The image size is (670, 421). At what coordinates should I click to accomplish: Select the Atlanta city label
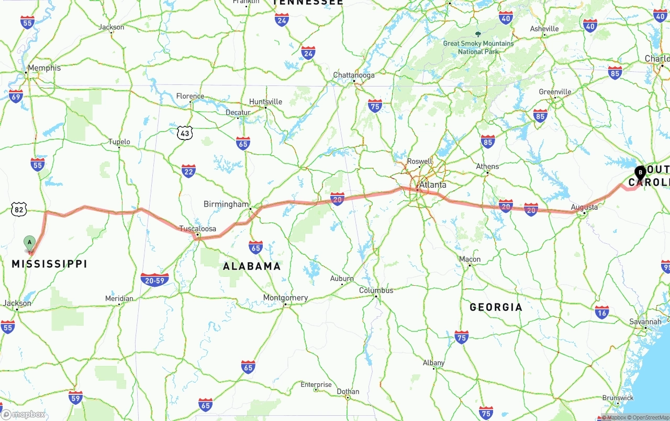(x=433, y=185)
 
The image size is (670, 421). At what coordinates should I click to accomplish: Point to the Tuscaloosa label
(x=198, y=229)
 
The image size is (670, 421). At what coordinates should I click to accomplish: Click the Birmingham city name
(x=226, y=204)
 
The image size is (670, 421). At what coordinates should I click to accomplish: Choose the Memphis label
(x=44, y=68)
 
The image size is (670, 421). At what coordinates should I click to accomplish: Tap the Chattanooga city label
(x=354, y=75)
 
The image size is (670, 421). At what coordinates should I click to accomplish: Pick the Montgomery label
(x=285, y=298)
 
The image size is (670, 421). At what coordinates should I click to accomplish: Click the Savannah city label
(x=645, y=321)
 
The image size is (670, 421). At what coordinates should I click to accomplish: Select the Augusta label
(x=584, y=207)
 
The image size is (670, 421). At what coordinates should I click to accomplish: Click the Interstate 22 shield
(x=188, y=171)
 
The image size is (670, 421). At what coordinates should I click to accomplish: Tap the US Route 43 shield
(x=184, y=133)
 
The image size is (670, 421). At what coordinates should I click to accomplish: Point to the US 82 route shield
(x=19, y=210)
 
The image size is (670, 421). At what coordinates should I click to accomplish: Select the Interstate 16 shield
(x=602, y=312)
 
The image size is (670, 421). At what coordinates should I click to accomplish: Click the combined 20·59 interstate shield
(x=154, y=280)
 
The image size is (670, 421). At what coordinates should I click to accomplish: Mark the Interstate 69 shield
(x=16, y=96)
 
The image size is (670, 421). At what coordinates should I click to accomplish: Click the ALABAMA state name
(x=252, y=266)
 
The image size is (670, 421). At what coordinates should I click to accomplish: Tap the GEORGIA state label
(x=496, y=307)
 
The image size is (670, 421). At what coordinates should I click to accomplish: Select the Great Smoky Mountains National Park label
(x=478, y=47)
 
